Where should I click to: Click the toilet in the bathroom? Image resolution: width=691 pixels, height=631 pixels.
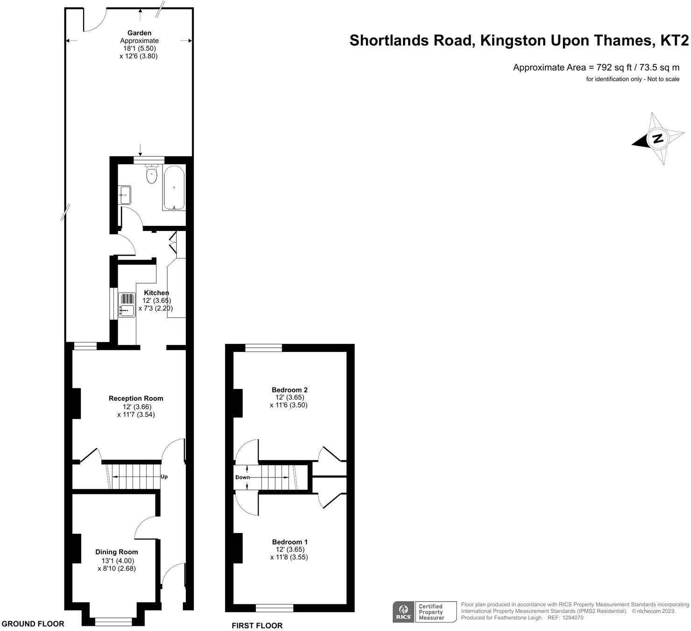point(152,174)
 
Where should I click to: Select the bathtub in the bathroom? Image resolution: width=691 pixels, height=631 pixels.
point(174,188)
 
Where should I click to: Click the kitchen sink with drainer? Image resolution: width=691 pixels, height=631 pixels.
point(127,305)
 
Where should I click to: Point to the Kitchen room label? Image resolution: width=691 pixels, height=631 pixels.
point(156,293)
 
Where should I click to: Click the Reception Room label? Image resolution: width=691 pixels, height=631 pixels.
point(136,399)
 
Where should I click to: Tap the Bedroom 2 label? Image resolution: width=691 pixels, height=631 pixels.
point(289,390)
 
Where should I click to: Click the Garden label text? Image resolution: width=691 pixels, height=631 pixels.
point(139,33)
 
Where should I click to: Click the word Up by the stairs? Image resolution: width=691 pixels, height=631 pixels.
point(164,477)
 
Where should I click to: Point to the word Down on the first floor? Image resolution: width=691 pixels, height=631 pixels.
point(242,477)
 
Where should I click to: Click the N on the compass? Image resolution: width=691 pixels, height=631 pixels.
point(657,139)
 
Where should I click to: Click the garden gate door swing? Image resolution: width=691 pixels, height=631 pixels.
point(95,20)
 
